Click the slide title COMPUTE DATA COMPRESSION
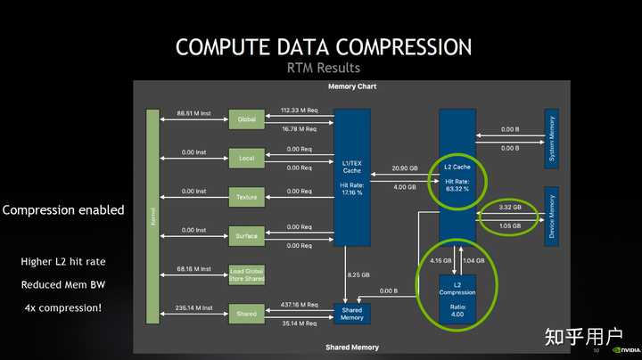tap(323, 46)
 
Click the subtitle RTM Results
tap(323, 68)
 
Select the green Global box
tap(247, 119)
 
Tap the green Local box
tap(247, 158)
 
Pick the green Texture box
tap(247, 197)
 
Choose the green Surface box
tap(247, 236)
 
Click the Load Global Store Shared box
tap(247, 274)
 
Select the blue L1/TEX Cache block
tap(351, 176)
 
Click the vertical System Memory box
tap(551, 137)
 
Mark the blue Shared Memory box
tap(351, 314)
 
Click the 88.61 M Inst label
tap(193, 113)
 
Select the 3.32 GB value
tap(510, 208)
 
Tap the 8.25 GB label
tap(359, 275)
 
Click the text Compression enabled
tap(63, 210)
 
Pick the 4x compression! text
tap(62, 308)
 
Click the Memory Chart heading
tap(351, 86)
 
